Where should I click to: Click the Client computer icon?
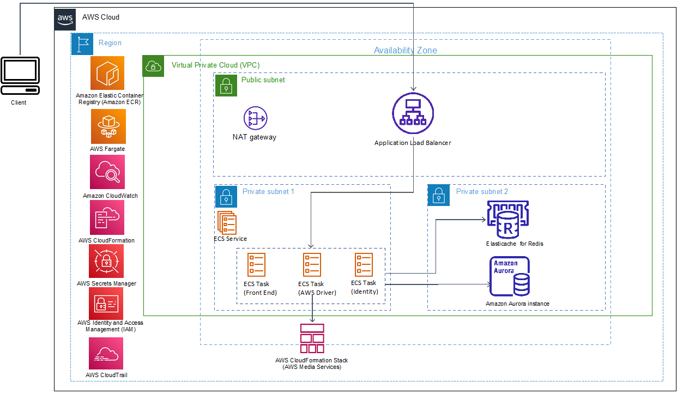click(x=20, y=76)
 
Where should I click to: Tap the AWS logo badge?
click(x=65, y=19)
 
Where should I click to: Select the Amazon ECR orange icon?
click(x=107, y=73)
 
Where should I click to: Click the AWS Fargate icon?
click(x=108, y=126)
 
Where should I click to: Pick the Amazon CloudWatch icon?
click(x=107, y=172)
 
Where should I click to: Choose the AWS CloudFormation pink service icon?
click(x=107, y=217)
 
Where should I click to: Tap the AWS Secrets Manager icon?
click(x=106, y=261)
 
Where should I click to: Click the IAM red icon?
click(x=106, y=304)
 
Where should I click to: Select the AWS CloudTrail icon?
click(x=106, y=353)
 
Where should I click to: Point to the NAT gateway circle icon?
click(x=256, y=118)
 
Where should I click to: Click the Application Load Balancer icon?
click(x=413, y=113)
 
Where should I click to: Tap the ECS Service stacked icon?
click(x=227, y=223)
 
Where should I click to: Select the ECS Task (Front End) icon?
click(x=256, y=265)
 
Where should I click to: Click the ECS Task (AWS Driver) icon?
click(x=312, y=265)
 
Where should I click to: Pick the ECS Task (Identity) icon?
click(x=364, y=265)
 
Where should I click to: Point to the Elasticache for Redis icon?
click(x=508, y=220)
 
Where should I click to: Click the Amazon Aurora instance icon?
click(x=510, y=276)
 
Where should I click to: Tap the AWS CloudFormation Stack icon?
click(x=312, y=338)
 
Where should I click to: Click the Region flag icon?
click(x=82, y=44)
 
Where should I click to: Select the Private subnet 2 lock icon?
click(x=439, y=195)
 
